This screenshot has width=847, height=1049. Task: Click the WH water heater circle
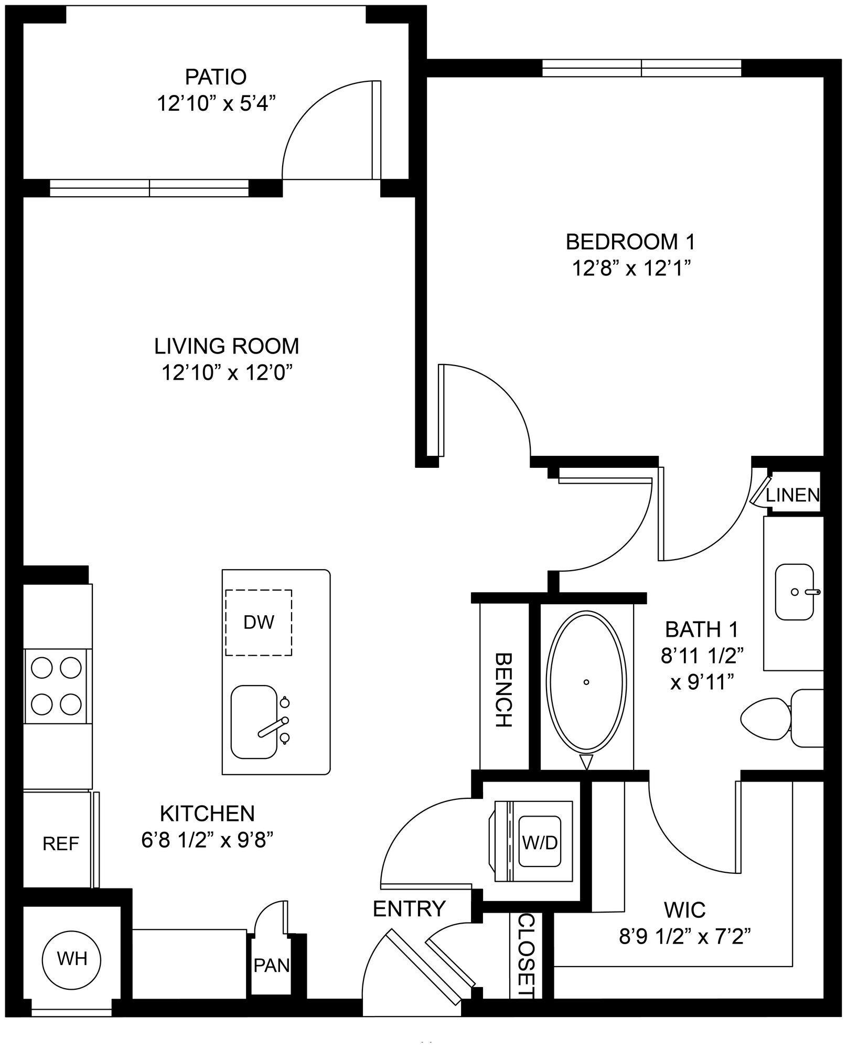click(72, 959)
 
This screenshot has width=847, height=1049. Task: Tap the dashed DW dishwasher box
click(259, 623)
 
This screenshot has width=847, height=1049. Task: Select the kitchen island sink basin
click(254, 722)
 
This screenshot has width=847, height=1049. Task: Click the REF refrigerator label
click(60, 843)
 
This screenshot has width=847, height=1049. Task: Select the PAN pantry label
click(271, 965)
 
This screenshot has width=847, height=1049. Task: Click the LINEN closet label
click(792, 495)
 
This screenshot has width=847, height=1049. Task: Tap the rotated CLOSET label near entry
click(526, 955)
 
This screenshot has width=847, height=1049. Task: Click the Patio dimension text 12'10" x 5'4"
click(216, 104)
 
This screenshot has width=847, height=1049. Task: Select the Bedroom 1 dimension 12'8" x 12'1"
click(630, 269)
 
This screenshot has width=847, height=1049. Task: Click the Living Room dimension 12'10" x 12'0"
click(227, 373)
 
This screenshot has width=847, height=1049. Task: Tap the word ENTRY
click(409, 908)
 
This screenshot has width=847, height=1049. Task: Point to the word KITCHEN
click(208, 813)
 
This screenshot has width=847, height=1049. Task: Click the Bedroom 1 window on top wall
click(641, 68)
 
